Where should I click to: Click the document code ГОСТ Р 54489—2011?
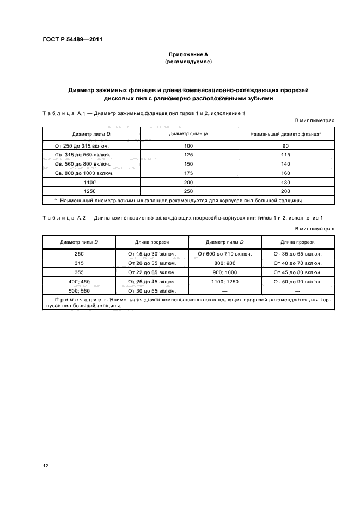pos(72,39)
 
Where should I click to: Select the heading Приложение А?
pos(188,54)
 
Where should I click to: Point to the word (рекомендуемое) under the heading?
pos(188,62)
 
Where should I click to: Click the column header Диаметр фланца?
pos(188,134)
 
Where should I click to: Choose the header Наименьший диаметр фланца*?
pos(285,134)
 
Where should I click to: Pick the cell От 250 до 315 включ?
pos(83,146)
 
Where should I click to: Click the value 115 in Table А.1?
pos(285,155)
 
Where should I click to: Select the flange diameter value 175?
pos(188,173)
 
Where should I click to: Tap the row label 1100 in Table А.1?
pos(90,182)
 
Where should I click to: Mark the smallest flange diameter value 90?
pos(285,146)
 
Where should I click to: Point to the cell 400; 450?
pos(79,281)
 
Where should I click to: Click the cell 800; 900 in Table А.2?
pos(225,263)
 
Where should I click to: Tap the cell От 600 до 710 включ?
pos(225,253)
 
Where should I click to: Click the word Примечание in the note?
pos(76,300)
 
